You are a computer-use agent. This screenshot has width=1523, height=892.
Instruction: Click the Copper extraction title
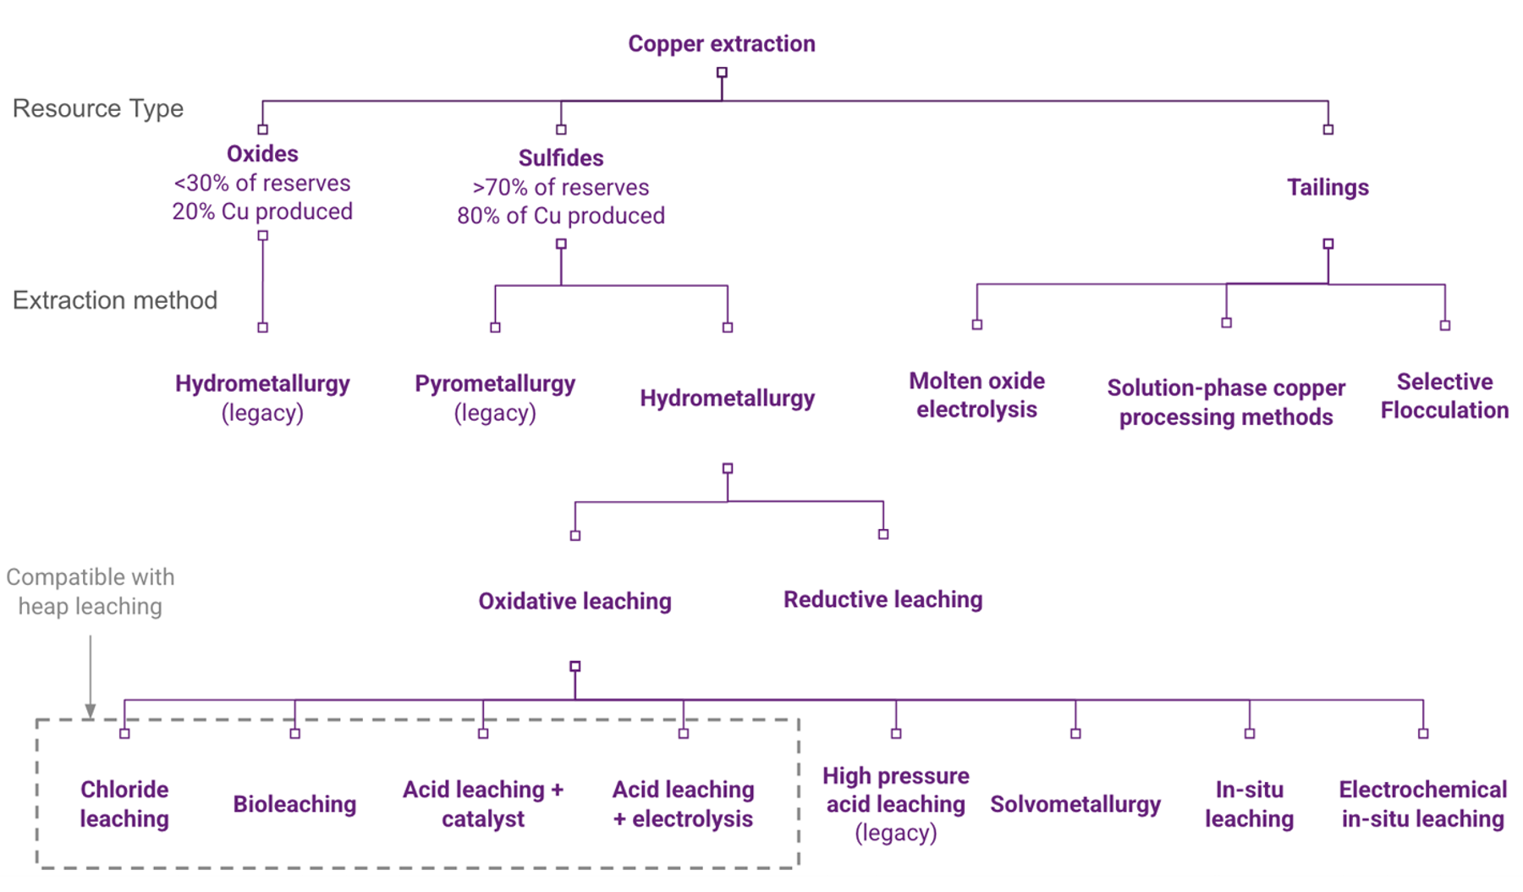click(721, 44)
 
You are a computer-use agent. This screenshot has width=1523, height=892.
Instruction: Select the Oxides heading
click(262, 154)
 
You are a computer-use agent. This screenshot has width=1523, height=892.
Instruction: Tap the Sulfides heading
click(560, 158)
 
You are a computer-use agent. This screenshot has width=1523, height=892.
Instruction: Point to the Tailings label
click(1327, 187)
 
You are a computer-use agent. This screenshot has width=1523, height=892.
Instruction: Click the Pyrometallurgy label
click(495, 384)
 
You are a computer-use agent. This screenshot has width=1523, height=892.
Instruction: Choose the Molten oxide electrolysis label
click(976, 395)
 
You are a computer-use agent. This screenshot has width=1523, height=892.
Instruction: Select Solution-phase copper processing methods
click(1225, 402)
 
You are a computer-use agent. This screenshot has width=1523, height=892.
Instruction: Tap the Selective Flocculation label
click(1443, 396)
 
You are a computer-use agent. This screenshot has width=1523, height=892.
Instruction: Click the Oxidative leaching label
click(575, 601)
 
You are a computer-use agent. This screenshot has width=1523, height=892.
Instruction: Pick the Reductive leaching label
click(882, 599)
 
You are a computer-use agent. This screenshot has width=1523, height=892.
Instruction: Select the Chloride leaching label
click(124, 804)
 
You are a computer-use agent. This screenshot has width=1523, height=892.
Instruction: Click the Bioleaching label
click(294, 804)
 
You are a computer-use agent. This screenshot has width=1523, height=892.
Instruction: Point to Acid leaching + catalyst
click(482, 804)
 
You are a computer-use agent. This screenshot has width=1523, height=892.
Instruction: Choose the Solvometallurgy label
click(1075, 804)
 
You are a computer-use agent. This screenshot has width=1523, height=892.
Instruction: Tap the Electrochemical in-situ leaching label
click(1422, 804)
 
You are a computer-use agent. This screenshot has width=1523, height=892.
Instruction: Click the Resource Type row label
click(98, 108)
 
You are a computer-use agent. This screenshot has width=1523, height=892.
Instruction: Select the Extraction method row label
click(115, 300)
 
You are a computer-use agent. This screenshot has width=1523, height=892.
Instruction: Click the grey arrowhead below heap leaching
click(90, 711)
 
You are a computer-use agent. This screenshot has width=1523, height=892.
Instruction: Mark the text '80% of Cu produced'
click(560, 216)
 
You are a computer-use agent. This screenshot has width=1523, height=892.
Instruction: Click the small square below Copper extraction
click(722, 73)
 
